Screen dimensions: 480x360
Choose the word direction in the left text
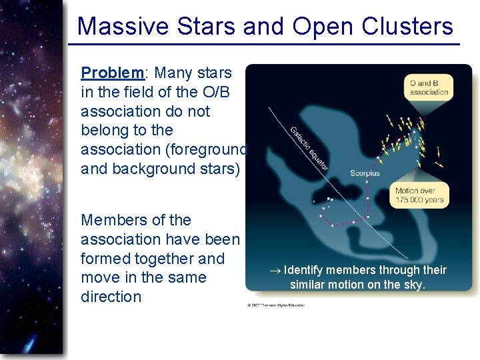click(111, 297)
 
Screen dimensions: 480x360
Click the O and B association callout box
click(429, 87)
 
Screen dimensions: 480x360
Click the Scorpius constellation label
click(365, 173)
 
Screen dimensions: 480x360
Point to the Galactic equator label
click(309, 147)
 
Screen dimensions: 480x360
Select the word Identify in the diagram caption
click(304, 270)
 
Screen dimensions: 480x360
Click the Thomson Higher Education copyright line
click(277, 305)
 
